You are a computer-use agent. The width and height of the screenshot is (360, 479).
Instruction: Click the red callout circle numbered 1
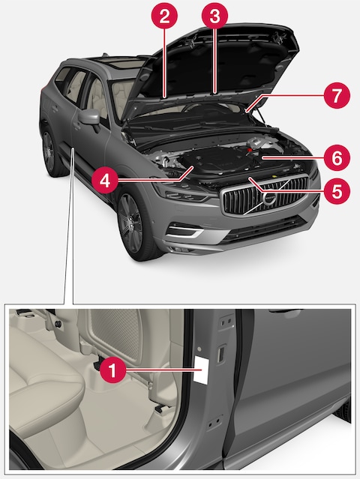[x=112, y=369]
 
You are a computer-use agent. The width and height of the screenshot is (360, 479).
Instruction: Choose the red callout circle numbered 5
[x=336, y=190]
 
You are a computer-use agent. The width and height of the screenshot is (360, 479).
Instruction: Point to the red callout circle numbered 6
[x=336, y=158]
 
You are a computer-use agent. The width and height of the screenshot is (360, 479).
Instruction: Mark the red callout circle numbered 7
[x=336, y=96]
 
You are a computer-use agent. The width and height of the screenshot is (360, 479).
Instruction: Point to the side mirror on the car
[x=91, y=118]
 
